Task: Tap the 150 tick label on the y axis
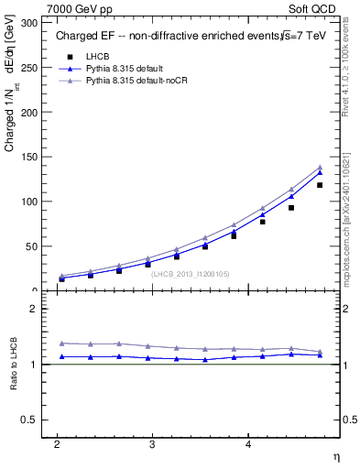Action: [x=32, y=157]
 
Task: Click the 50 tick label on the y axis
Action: [x=35, y=246]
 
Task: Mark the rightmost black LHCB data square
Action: [x=320, y=185]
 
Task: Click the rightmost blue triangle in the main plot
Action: [x=320, y=172]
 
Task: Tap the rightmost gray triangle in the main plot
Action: [x=320, y=167]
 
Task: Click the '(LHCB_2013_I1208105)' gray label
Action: [x=190, y=273]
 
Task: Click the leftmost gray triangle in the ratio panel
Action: [x=62, y=343]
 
